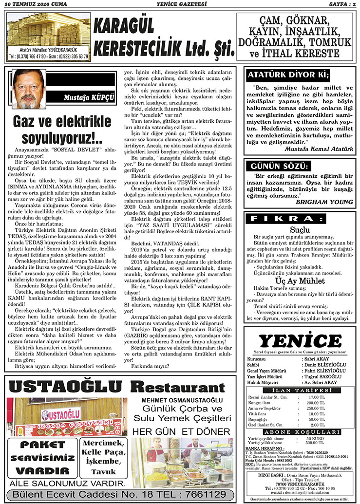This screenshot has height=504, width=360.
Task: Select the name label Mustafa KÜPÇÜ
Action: tap(89, 97)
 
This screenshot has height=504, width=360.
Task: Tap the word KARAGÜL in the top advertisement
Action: tap(124, 27)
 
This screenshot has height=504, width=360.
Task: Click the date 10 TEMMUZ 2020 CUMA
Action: tap(35, 4)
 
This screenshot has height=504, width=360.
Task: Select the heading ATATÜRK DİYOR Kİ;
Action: tap(288, 75)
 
